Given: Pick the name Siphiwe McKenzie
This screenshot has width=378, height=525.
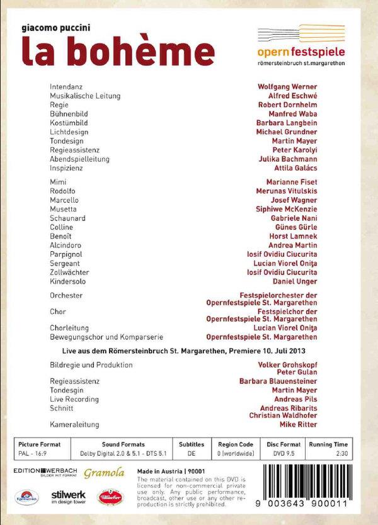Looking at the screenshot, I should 297,208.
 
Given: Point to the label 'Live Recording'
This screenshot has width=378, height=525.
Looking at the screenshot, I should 74,399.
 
